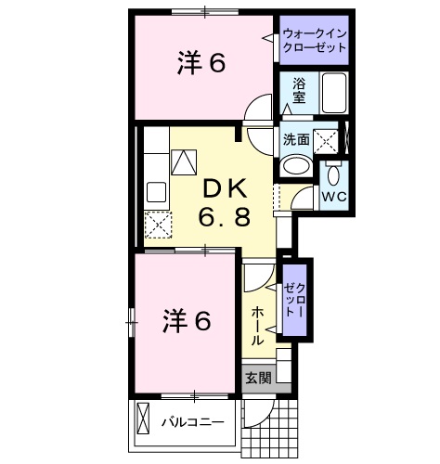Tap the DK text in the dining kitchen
pyautogui.click(x=223, y=188)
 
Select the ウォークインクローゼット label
pyautogui.click(x=317, y=40)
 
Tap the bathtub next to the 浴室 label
pyautogui.click(x=333, y=93)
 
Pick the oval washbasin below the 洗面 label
pyautogui.click(x=297, y=167)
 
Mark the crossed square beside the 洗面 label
pyautogui.click(x=325, y=141)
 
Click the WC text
pyautogui.click(x=332, y=198)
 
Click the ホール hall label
pyautogui.click(x=257, y=326)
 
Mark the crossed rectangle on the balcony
pyautogui.click(x=143, y=419)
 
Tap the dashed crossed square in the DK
pyautogui.click(x=157, y=226)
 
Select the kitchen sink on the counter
pyautogui.click(x=155, y=194)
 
